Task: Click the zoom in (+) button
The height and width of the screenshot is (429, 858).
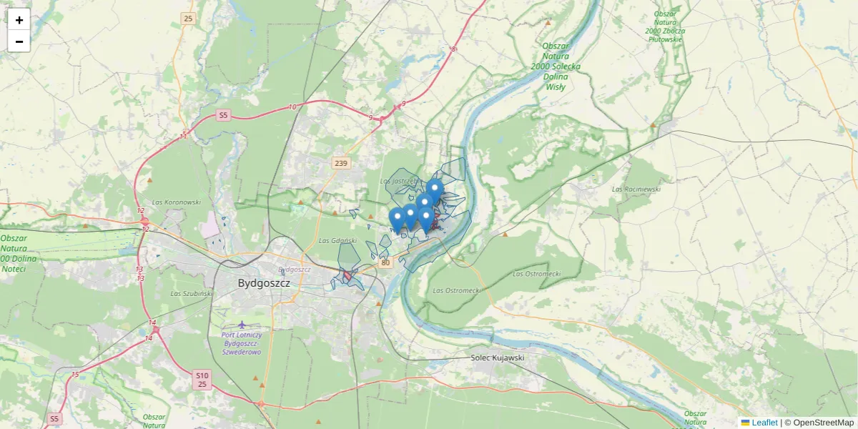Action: point(19,20)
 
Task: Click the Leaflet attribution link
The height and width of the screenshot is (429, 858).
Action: point(764,423)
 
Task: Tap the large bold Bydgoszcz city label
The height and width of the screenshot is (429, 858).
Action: point(264,283)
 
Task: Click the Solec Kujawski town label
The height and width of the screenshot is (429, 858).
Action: point(498,357)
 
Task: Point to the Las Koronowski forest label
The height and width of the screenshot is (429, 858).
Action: point(176,202)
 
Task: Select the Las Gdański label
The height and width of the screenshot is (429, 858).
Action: point(337,240)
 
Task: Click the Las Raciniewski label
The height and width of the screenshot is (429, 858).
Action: point(636,189)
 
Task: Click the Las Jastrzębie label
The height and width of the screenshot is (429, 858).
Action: point(398,182)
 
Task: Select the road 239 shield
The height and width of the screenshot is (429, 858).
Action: point(341,164)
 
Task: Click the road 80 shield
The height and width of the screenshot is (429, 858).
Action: point(385,263)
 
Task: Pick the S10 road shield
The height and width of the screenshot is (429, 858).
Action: point(202,375)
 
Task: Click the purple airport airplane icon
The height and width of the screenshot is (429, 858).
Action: point(242,326)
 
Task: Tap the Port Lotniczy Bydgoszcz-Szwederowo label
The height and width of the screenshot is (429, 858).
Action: point(242,343)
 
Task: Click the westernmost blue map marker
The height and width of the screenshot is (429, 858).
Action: point(397,219)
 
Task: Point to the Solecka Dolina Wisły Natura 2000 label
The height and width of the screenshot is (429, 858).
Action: point(556,66)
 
